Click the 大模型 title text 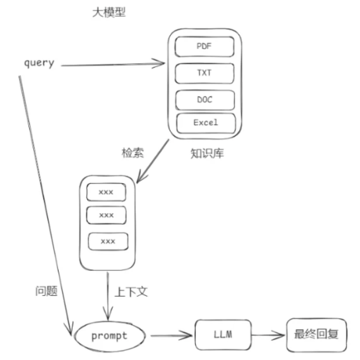109,13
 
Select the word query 39,63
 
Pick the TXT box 205,73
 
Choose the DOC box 205,100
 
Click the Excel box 206,123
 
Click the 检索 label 132,153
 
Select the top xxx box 106,192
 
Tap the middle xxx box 106,215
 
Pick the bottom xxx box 108,241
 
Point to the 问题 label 46,292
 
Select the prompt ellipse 109,336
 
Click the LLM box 223,335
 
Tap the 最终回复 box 316,335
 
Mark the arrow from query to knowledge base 112,65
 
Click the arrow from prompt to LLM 171,336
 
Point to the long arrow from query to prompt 43,201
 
